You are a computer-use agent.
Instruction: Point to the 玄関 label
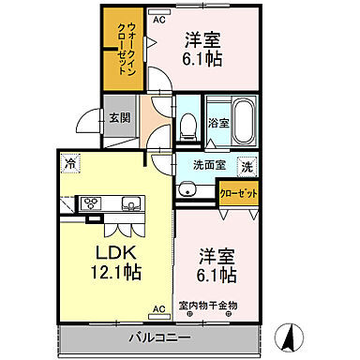tap(118, 117)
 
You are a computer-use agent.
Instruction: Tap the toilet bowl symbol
tap(187, 122)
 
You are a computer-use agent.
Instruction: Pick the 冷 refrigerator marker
tap(70, 164)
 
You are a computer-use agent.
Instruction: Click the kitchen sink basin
tap(128, 202)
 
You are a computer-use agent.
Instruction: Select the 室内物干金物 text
tap(218, 305)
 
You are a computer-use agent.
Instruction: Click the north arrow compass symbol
tap(291, 335)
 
